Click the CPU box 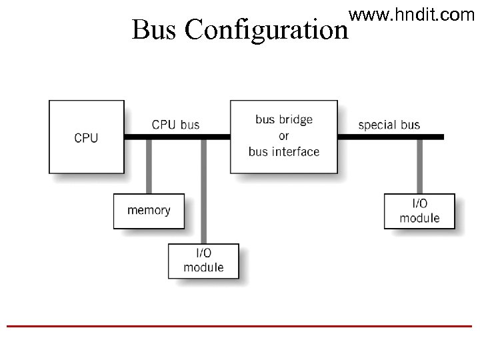tap(87, 137)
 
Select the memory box tap(149, 211)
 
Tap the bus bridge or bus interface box tap(284, 137)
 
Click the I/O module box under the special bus tap(419, 211)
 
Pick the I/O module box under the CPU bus tap(203, 261)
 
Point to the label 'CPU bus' tap(175, 124)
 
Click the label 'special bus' tap(389, 125)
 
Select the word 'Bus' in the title tap(155, 30)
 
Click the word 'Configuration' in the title tap(267, 31)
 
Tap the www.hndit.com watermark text tap(411, 13)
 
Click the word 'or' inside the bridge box tap(284, 136)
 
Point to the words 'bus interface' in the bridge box tap(284, 152)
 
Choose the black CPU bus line tap(177, 137)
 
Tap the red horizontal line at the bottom tap(240, 326)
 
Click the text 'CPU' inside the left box tap(87, 138)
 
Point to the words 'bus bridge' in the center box tap(284, 120)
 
